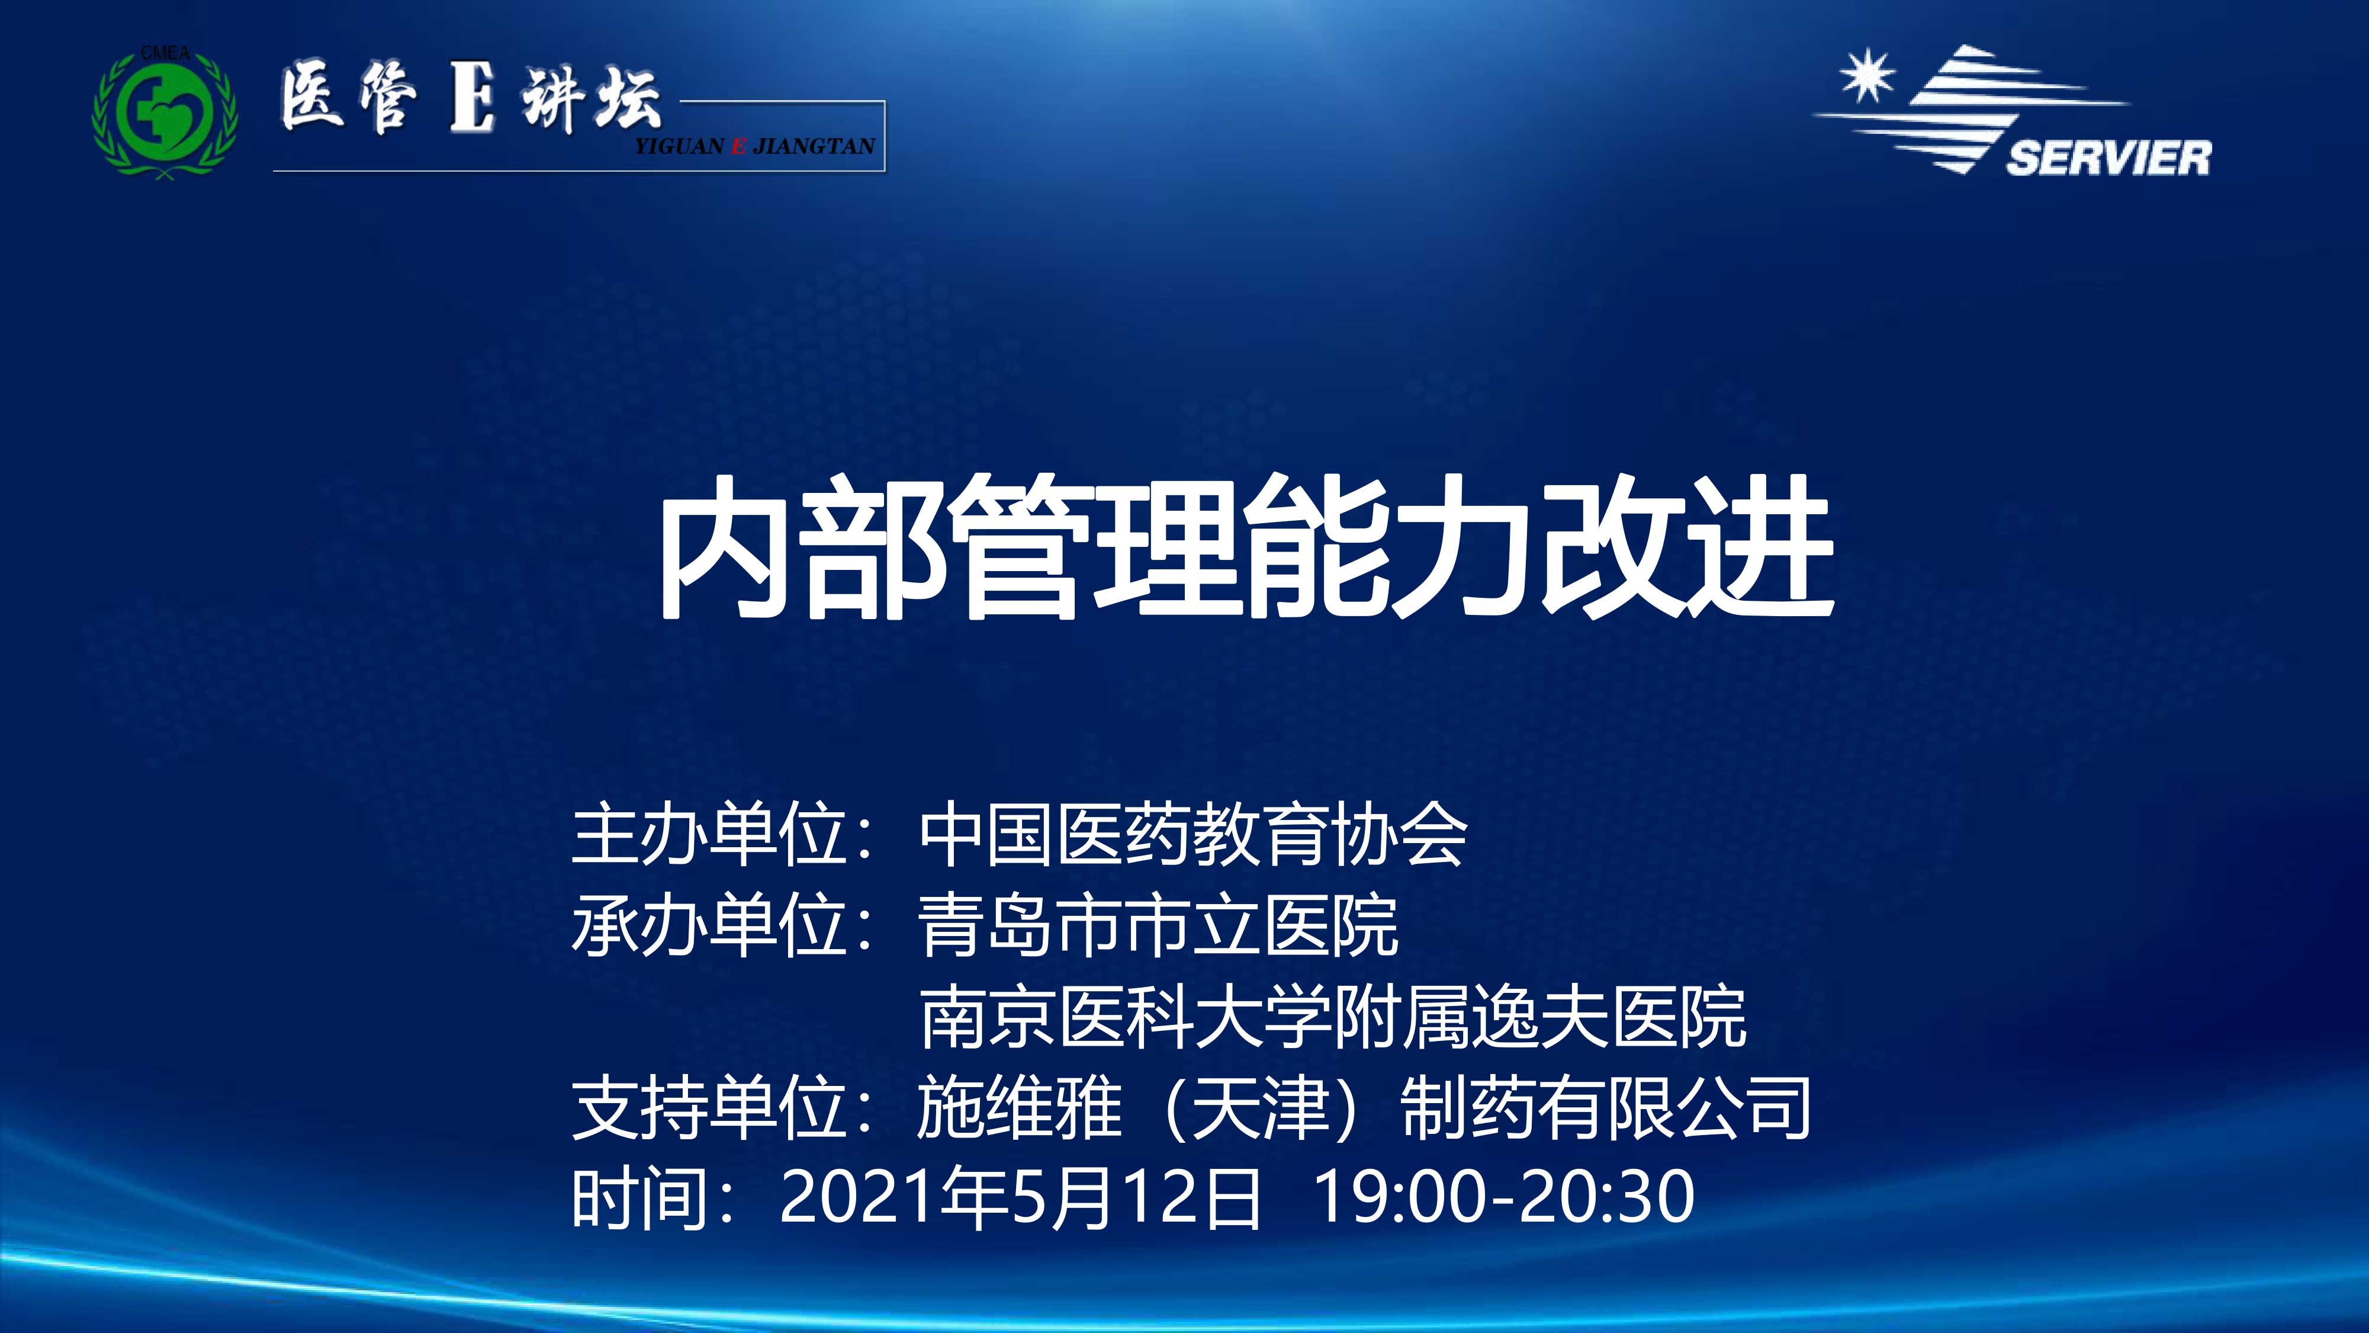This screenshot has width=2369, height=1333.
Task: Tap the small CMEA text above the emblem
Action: pyautogui.click(x=166, y=53)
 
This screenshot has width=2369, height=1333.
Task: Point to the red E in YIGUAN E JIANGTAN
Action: pyautogui.click(x=738, y=145)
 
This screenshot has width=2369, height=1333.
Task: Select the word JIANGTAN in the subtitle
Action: pyautogui.click(x=813, y=145)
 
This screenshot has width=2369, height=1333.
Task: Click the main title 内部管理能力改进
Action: pyautogui.click(x=1247, y=547)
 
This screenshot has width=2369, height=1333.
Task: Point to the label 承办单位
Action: pyautogui.click(x=708, y=925)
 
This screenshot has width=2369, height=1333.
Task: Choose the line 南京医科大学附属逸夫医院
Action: pyautogui.click(x=1333, y=1017)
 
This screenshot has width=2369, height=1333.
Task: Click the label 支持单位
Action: pyautogui.click(x=708, y=1108)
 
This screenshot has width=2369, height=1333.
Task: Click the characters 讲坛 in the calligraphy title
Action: pyautogui.click(x=592, y=100)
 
